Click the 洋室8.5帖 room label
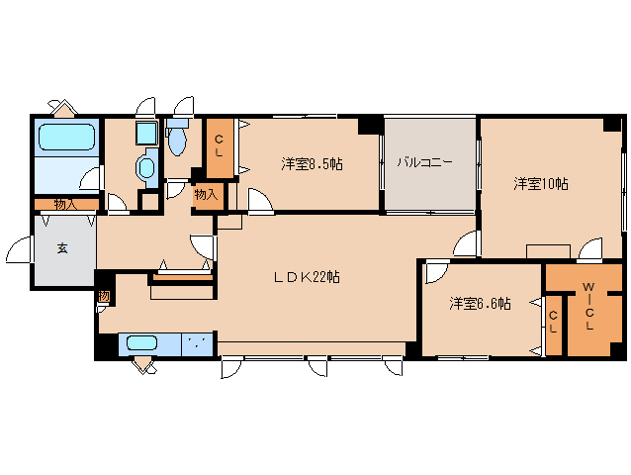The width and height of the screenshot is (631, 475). point(311,164)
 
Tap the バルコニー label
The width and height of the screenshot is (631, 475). point(425,162)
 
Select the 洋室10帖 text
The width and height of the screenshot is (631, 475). point(540,184)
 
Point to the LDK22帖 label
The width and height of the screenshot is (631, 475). point(307,277)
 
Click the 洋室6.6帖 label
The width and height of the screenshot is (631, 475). point(479,304)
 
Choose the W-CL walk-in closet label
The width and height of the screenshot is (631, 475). point(587,307)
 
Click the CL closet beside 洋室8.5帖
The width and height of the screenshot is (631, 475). point(220,147)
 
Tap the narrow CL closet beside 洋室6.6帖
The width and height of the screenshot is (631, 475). point(554,322)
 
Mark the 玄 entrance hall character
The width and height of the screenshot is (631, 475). point(61,248)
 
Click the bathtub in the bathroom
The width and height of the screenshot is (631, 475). point(66,138)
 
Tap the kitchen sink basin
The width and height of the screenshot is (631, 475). point(142,343)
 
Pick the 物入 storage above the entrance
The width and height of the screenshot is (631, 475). point(65,204)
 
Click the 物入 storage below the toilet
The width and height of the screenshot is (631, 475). point(206,195)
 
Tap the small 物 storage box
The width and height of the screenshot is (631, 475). point(103,296)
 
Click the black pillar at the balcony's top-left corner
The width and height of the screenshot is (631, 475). point(370,125)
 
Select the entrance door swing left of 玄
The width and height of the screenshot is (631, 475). point(17,252)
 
